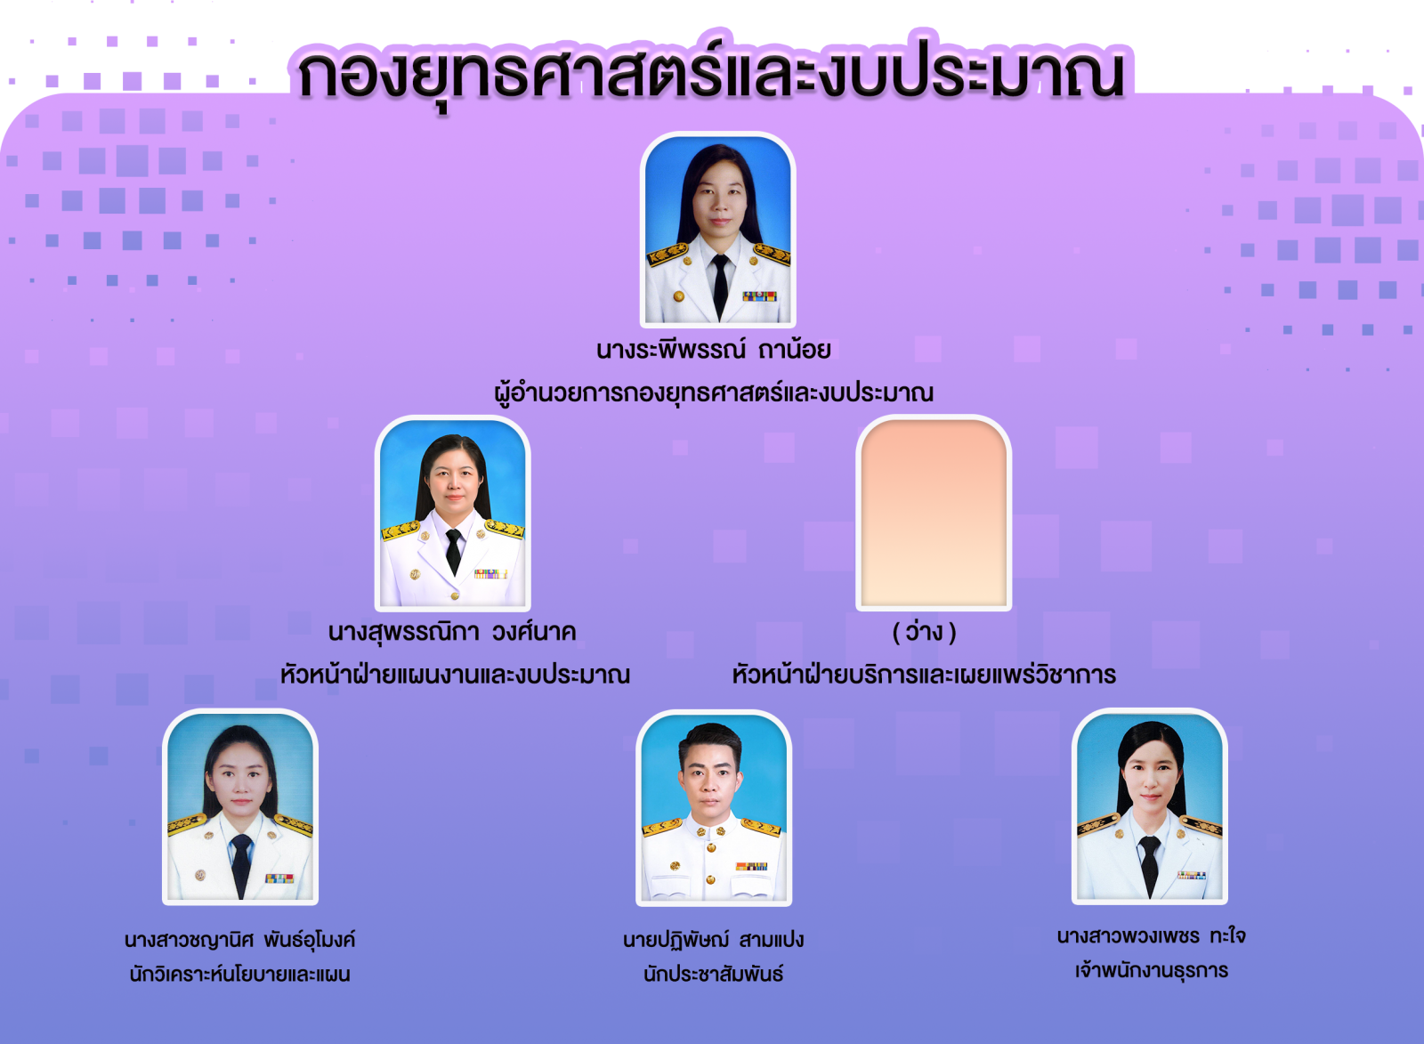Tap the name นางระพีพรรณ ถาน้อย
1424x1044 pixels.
pos(713,350)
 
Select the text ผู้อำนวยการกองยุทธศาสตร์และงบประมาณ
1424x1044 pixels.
pos(714,393)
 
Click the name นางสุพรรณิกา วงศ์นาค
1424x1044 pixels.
pos(452,632)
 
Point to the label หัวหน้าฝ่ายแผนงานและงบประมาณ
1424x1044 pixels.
pos(455,674)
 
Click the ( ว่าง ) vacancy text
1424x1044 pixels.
pos(925,632)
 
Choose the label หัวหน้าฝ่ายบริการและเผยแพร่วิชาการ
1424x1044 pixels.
pos(924,674)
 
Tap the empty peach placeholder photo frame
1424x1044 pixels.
pos(934,513)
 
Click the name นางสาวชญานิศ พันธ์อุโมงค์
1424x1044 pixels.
pos(239,940)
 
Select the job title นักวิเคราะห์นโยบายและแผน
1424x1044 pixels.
pos(239,974)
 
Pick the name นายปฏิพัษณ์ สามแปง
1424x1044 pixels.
pos(713,940)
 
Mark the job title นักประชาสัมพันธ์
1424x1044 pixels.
pos(713,974)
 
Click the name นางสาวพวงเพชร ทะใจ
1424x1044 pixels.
pos(1152,936)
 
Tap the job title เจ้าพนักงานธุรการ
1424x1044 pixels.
pos(1152,971)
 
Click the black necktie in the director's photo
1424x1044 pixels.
pos(720,285)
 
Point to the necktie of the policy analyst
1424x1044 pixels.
pos(241,865)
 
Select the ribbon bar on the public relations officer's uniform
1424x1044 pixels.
pos(751,866)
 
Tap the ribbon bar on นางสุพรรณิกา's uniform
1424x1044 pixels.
pos(490,573)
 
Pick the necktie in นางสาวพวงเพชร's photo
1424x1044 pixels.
pos(1149,866)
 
